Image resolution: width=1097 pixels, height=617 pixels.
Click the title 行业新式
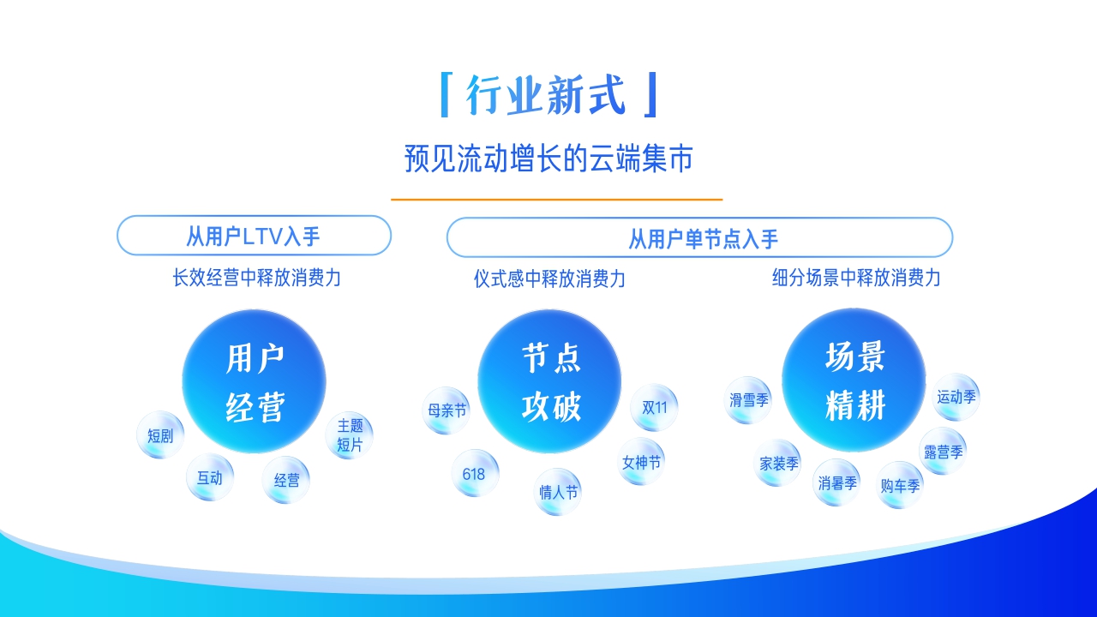point(548,94)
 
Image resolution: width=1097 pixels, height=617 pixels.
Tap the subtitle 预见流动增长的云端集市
point(548,159)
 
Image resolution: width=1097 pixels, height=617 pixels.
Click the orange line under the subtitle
point(557,199)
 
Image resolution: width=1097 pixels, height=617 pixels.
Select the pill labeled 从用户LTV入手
point(254,235)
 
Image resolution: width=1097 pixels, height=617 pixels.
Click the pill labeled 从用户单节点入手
point(699,237)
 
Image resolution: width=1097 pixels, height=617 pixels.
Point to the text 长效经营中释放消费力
point(256,278)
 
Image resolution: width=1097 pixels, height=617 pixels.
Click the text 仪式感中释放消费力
point(549,279)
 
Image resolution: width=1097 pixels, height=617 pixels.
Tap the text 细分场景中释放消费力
point(855,278)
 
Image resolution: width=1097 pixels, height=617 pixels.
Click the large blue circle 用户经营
point(255,381)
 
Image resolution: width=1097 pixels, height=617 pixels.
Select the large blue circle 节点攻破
point(549,381)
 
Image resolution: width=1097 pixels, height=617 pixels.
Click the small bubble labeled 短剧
point(160,435)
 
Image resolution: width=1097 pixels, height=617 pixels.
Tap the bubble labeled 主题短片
point(350,435)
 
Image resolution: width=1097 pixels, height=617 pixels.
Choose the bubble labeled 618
point(474,473)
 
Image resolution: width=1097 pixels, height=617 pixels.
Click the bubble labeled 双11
point(654,407)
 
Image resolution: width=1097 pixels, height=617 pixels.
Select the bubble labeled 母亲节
point(447,410)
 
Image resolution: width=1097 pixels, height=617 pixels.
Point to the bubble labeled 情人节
point(558,492)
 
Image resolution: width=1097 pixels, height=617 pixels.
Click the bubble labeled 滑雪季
point(749,400)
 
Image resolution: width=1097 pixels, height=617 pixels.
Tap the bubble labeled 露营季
point(943,452)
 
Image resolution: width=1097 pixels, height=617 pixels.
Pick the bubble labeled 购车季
point(900,485)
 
